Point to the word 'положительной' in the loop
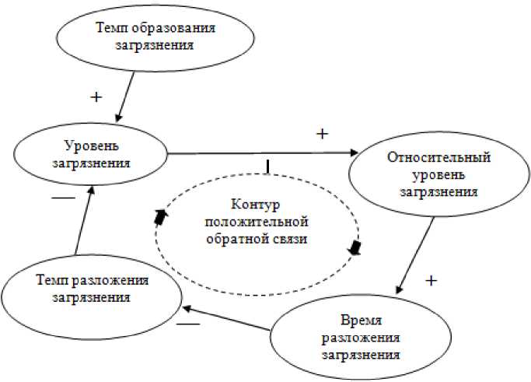click(x=257, y=223)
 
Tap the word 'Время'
click(x=360, y=321)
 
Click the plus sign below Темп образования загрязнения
click(x=96, y=97)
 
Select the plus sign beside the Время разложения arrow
click(x=433, y=279)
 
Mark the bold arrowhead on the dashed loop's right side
click(x=355, y=247)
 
